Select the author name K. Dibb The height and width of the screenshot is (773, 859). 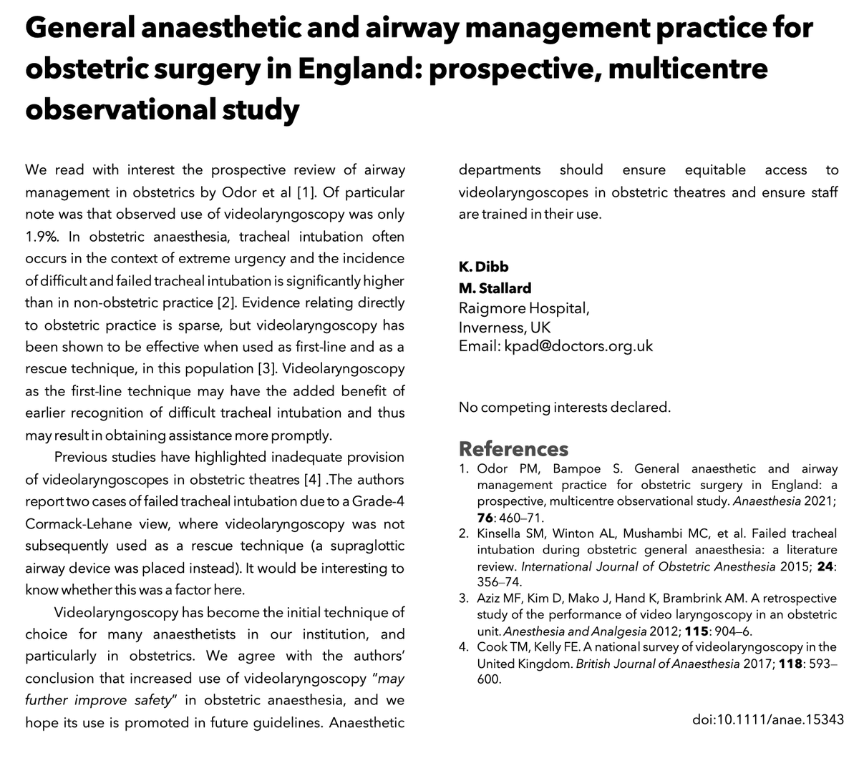483,267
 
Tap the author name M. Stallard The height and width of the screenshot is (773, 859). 495,288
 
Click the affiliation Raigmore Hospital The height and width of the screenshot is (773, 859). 523,308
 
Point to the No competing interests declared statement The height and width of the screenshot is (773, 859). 564,408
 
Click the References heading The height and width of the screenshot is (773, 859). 513,449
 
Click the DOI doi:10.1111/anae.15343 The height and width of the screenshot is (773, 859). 769,718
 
